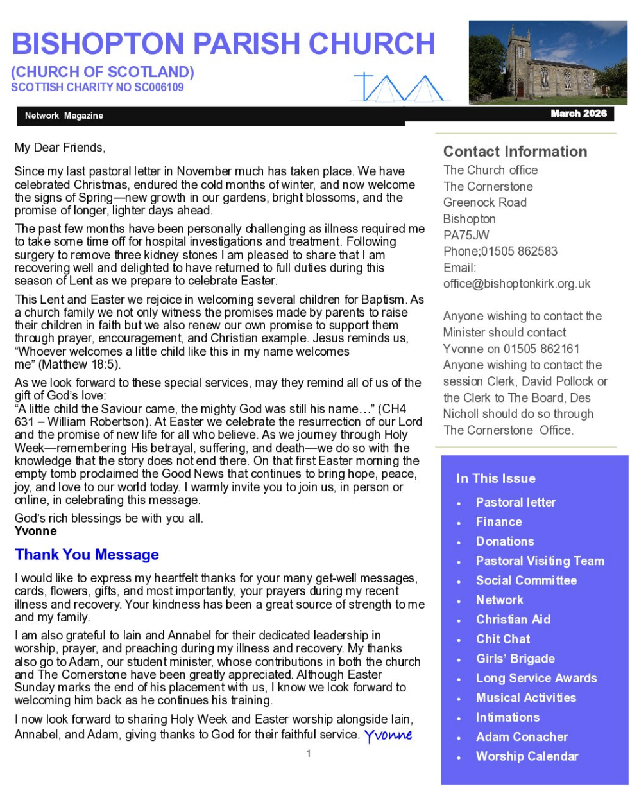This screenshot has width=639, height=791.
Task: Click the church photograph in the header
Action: [x=547, y=62]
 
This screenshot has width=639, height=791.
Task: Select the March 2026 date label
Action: [x=578, y=114]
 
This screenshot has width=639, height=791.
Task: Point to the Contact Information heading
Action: [x=515, y=152]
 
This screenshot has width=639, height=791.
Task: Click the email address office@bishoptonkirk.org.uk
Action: [x=516, y=284]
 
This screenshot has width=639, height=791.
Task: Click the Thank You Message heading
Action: [x=87, y=555]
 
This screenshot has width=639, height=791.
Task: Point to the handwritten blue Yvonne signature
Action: [x=388, y=735]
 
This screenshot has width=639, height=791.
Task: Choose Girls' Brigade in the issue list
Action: [x=515, y=659]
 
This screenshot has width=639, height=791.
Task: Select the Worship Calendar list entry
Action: [x=527, y=756]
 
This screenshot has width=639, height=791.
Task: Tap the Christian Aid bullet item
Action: [x=513, y=620]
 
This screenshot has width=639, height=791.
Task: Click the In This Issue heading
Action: [x=495, y=478]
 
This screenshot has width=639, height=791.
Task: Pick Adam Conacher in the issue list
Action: [x=522, y=737]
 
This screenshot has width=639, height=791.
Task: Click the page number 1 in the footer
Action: [x=308, y=754]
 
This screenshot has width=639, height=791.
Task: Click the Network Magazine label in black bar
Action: [x=64, y=116]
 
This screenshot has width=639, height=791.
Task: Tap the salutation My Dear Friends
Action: [x=59, y=148]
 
